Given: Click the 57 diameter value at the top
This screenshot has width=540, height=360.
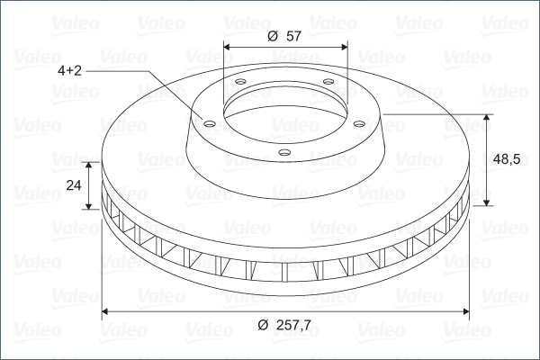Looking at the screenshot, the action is pos(293,36).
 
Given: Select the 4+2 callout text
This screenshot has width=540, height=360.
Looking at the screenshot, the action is pos(69,70).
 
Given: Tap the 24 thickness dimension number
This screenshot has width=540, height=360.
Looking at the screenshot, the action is pos(74,185).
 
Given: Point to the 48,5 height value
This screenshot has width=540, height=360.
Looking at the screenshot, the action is pos(507,159).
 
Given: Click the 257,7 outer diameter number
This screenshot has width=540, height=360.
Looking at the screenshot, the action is pos(293,325).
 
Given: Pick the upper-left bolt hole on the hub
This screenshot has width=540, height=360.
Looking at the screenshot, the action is pos(240,82).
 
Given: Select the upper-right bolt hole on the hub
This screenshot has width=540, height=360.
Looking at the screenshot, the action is pos(328,82).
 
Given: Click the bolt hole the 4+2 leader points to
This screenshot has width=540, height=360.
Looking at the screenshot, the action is pos(210,123).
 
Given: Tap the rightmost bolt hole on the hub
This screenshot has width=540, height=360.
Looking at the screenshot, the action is pos(359,123).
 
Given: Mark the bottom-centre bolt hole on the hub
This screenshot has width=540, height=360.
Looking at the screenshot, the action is pos(284,152).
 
